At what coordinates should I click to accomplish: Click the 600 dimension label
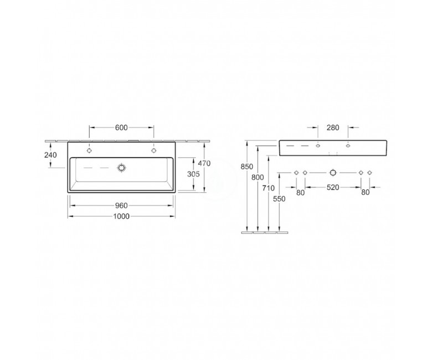click(x=121, y=127)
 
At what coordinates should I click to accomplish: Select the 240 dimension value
click(x=50, y=155)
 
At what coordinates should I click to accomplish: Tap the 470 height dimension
click(x=204, y=163)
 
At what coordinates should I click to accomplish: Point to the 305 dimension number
click(x=193, y=174)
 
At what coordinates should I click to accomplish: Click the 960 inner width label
click(x=121, y=205)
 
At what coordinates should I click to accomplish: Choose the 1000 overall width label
click(x=121, y=217)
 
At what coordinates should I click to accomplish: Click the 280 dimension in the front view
click(x=333, y=127)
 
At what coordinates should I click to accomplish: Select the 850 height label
click(x=246, y=167)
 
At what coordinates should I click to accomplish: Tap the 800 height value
click(x=258, y=177)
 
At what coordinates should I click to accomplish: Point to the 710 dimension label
click(x=269, y=188)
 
